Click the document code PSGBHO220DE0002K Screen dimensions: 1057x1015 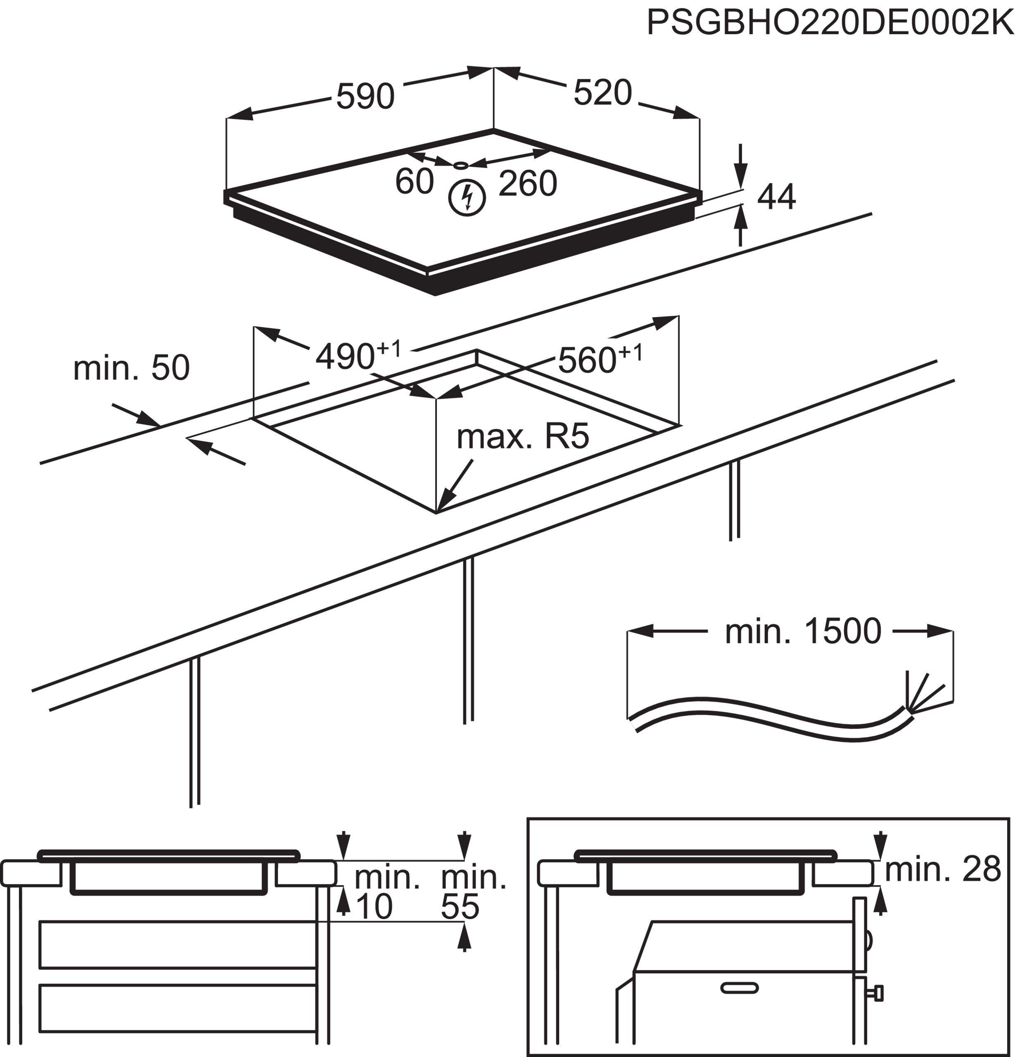(830, 23)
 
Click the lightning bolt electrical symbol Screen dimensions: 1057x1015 (467, 197)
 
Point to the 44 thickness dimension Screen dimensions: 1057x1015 (776, 197)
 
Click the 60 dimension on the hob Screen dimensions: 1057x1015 (414, 181)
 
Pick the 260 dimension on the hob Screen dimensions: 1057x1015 (527, 183)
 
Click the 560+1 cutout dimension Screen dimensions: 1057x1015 (599, 358)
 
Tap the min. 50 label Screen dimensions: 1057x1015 (131, 368)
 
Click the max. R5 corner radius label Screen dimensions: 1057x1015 (522, 436)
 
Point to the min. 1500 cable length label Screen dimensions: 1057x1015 (802, 631)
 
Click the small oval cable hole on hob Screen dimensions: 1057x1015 (461, 165)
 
